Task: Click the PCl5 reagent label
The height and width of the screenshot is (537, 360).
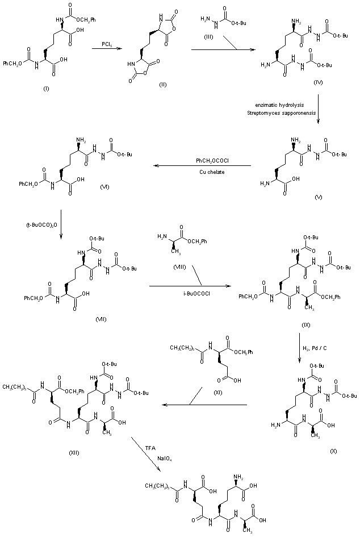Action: tap(106, 44)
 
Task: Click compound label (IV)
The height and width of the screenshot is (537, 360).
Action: tap(318, 83)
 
